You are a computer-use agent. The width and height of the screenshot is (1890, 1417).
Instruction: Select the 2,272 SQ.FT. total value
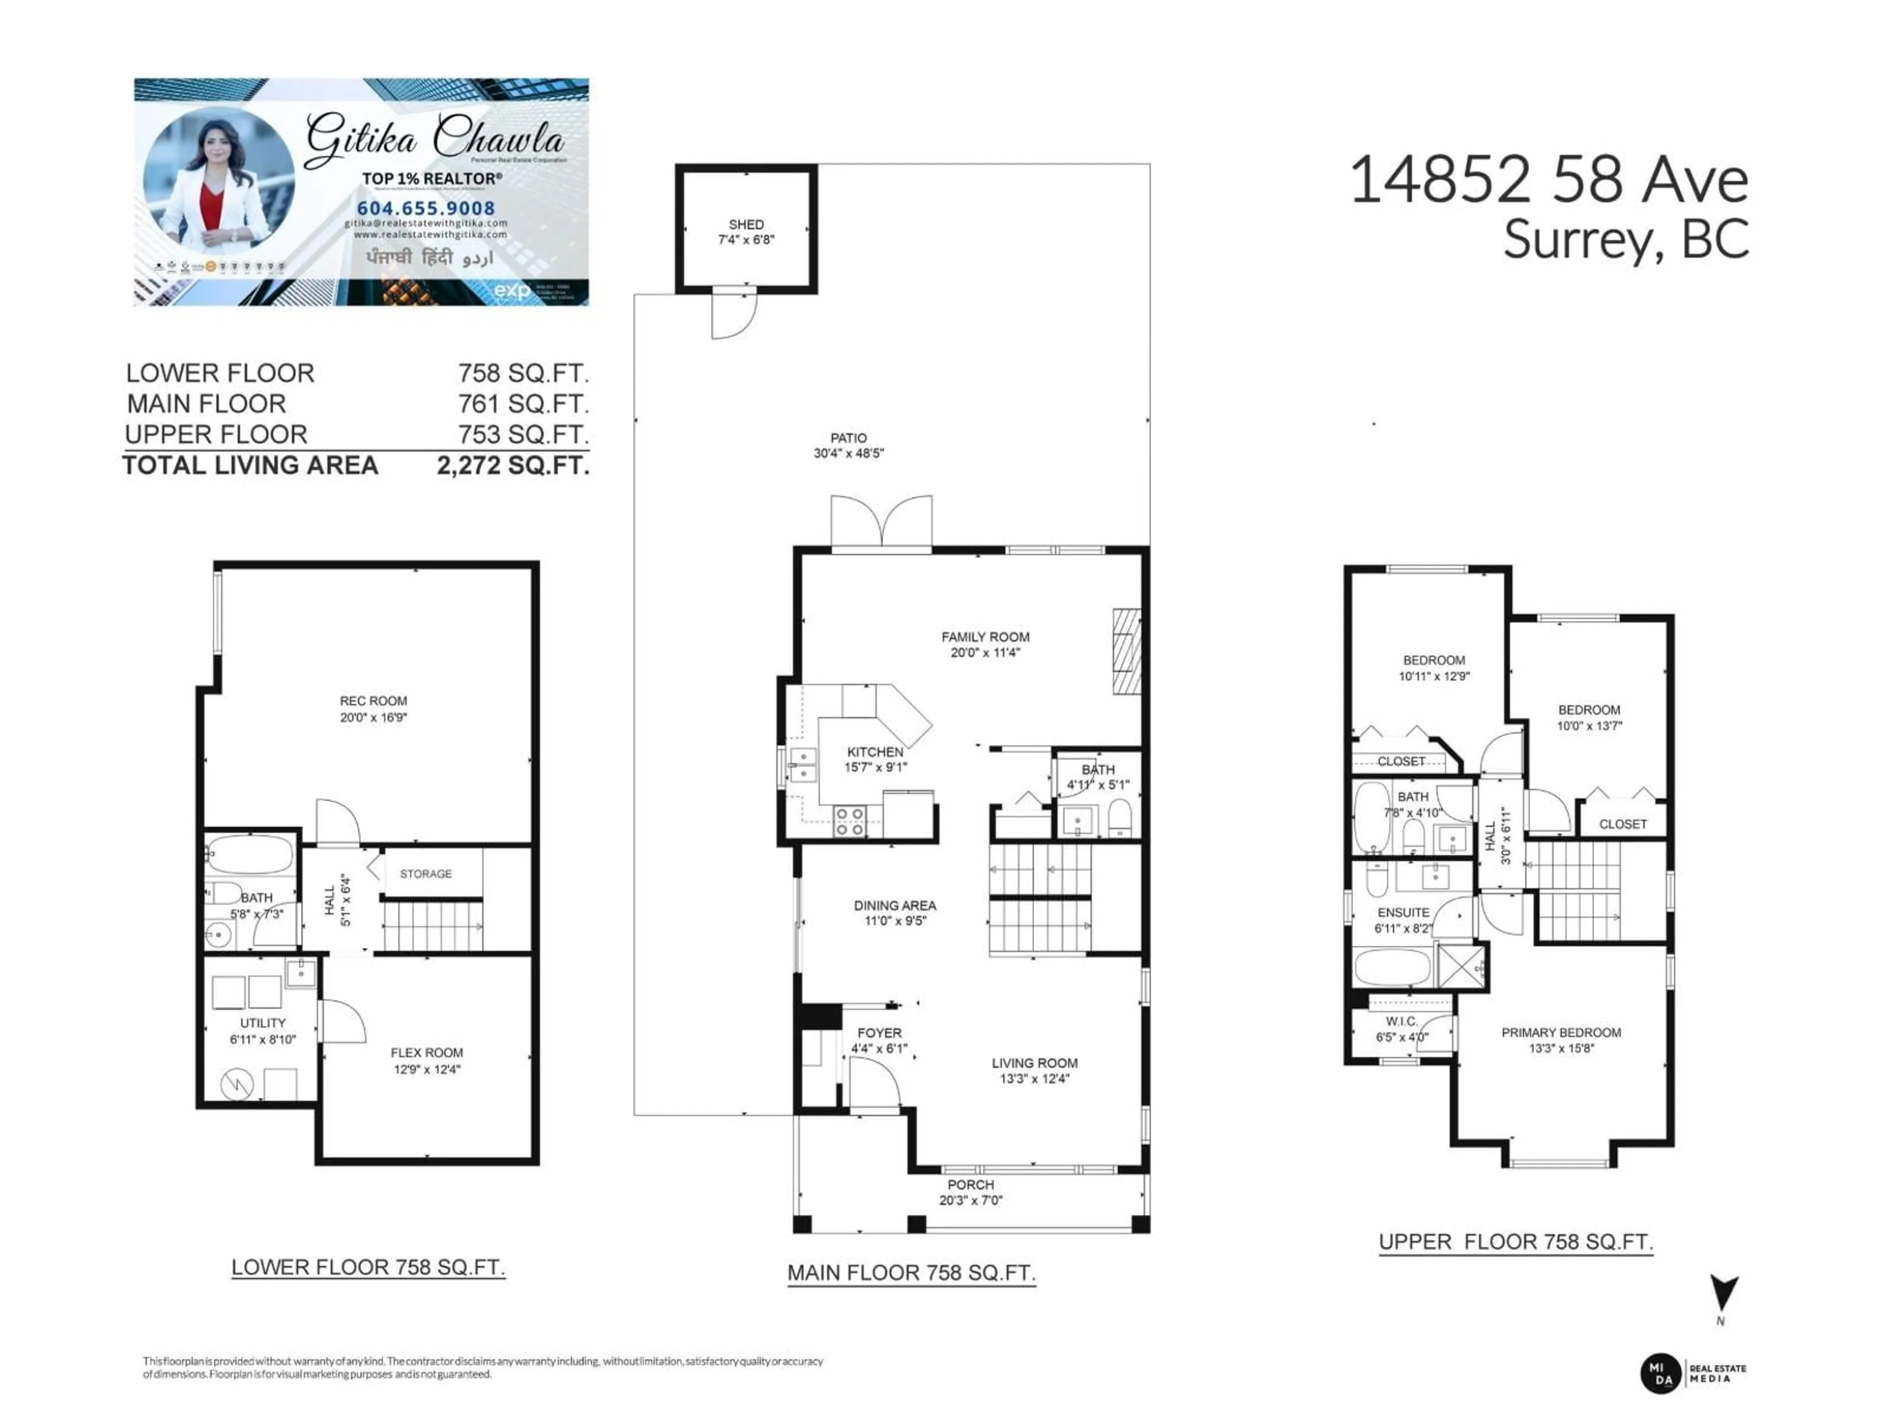(513, 465)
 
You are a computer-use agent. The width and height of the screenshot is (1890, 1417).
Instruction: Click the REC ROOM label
(374, 701)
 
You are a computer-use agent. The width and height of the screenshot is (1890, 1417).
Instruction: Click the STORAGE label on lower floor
(426, 874)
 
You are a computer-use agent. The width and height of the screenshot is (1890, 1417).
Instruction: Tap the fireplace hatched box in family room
(1126, 652)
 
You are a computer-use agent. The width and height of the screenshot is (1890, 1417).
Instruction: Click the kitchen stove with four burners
(850, 821)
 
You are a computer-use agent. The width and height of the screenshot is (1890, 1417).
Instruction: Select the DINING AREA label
(895, 905)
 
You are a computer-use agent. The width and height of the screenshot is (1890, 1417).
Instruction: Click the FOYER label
(879, 1033)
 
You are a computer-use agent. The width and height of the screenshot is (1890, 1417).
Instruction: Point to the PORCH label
(971, 1185)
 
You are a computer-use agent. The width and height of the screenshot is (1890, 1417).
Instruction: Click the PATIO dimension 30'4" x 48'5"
(849, 454)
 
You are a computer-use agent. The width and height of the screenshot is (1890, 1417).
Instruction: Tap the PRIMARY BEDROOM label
(1561, 1033)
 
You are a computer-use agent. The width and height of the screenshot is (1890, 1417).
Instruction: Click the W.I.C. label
(1401, 1021)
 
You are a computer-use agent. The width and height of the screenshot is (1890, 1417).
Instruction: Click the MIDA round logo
(1661, 1373)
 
